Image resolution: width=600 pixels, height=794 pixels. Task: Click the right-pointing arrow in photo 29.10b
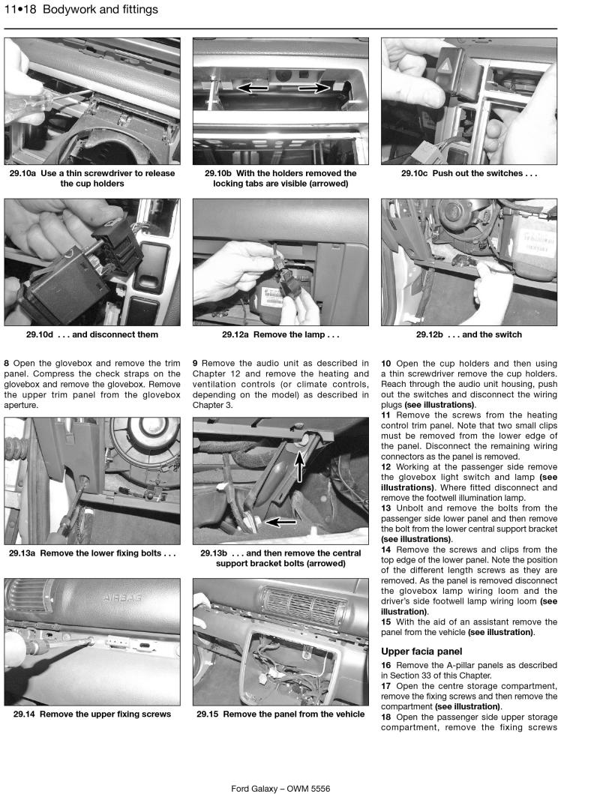click(314, 88)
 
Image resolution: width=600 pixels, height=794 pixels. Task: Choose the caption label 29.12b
click(432, 334)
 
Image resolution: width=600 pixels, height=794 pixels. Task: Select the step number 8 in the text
click(7, 364)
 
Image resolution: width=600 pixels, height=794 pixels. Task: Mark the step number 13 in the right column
click(385, 508)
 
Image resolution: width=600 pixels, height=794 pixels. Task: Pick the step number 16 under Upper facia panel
click(385, 665)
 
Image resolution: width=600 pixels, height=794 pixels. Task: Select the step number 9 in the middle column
click(195, 364)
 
